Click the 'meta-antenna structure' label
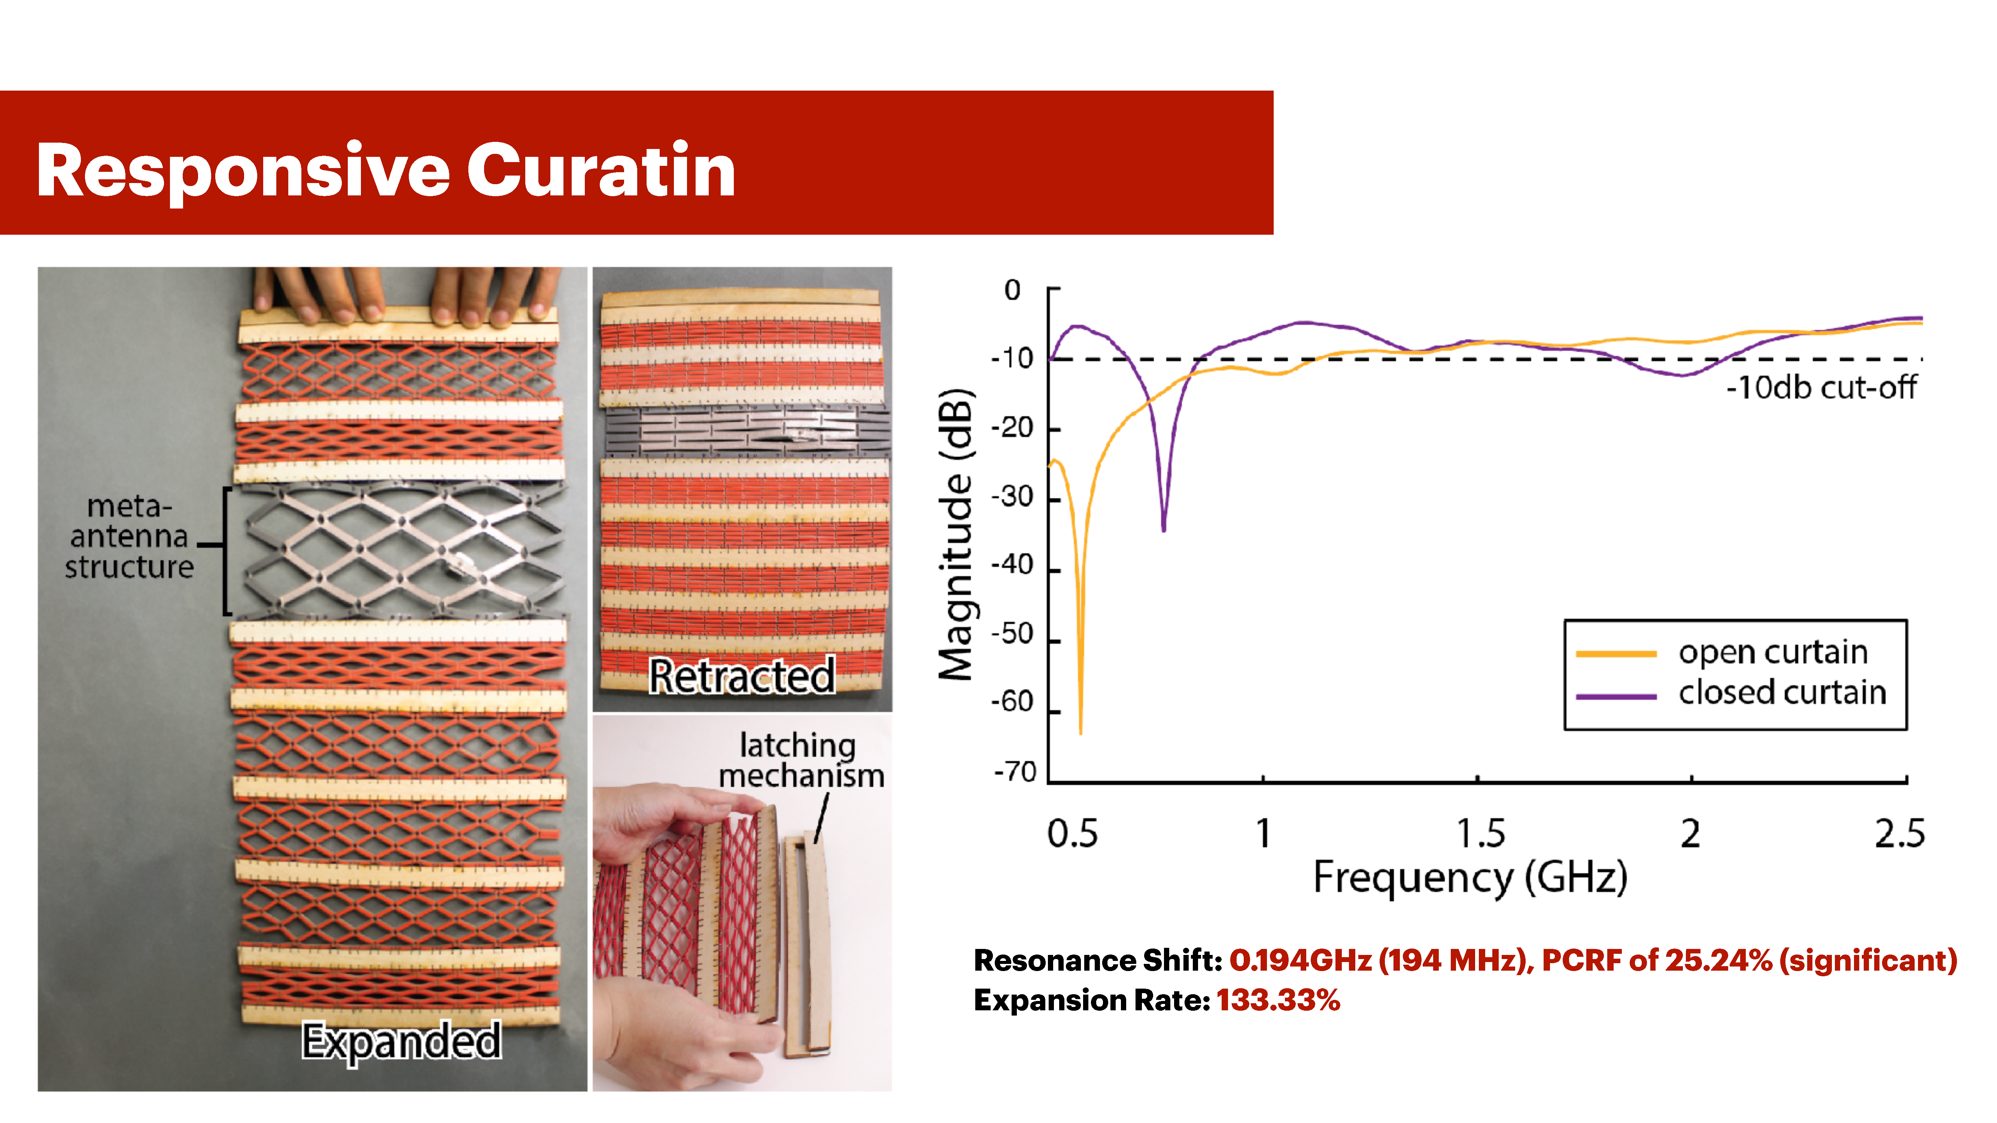coord(129,536)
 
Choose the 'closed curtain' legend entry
coord(1781,692)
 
